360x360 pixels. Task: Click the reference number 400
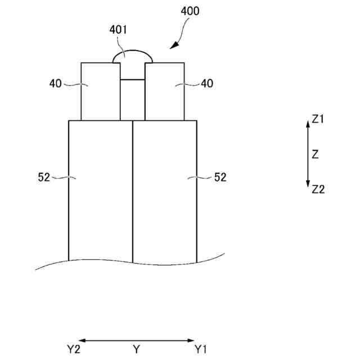click(x=190, y=11)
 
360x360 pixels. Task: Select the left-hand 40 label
click(x=56, y=84)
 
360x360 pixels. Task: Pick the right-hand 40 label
click(x=207, y=84)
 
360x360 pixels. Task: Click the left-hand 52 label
click(x=44, y=177)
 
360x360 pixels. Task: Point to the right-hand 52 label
click(x=220, y=177)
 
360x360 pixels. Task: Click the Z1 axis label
click(x=318, y=119)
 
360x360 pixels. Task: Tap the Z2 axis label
click(x=318, y=190)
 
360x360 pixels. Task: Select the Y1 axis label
click(x=201, y=350)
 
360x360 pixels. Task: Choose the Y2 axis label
click(x=73, y=350)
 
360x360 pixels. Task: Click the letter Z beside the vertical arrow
click(x=315, y=154)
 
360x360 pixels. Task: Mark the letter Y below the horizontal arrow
click(x=136, y=350)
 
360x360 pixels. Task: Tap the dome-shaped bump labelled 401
click(x=133, y=56)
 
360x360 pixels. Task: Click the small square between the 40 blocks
click(x=133, y=100)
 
